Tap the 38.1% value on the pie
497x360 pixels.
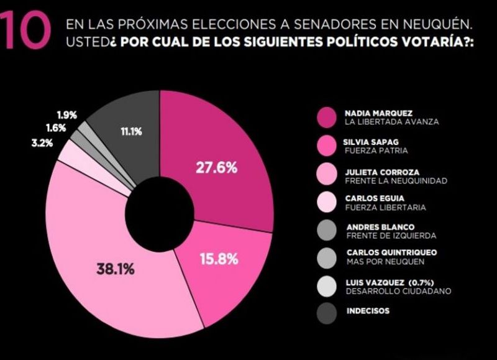(116, 269)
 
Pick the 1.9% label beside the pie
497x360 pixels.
(66, 115)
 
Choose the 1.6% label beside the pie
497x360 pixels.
(57, 127)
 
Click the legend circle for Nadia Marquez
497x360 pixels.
(327, 117)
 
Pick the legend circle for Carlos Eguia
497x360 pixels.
(327, 203)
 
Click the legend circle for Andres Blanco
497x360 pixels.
(327, 231)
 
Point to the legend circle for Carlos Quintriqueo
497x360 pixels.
(327, 257)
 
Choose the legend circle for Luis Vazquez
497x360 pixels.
(327, 286)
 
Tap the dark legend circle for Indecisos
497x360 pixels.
(327, 312)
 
